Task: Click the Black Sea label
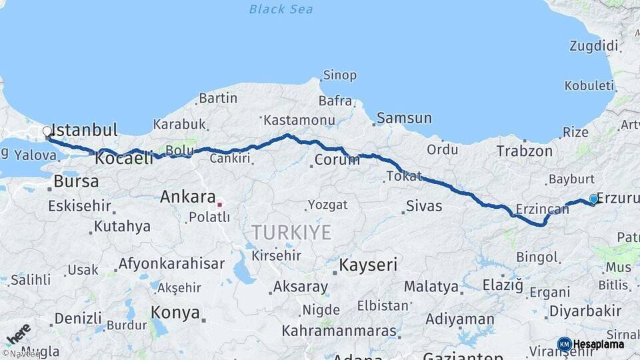tap(281, 9)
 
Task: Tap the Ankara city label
tap(187, 197)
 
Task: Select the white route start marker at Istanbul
tap(47, 131)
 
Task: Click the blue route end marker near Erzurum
tap(593, 199)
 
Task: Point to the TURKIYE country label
tap(291, 232)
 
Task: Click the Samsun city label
tap(404, 119)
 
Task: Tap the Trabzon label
tap(524, 151)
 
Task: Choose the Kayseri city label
tap(368, 265)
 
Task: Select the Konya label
tap(175, 312)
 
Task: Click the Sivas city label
tap(424, 206)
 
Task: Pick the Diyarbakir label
tap(585, 311)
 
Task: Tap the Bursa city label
tap(76, 181)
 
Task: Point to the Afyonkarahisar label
tap(171, 263)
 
